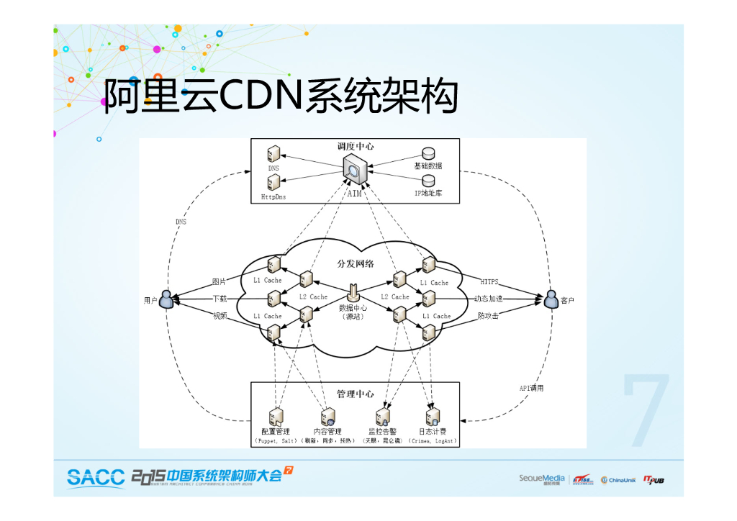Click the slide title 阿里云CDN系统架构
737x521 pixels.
[281, 96]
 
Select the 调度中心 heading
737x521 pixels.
[355, 146]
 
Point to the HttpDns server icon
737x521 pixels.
[273, 185]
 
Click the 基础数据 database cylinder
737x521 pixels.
[428, 154]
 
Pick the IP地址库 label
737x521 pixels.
[428, 194]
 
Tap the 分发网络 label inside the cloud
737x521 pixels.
[356, 263]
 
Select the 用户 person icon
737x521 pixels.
[166, 299]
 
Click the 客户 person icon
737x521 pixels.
[551, 299]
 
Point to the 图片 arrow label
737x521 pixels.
[219, 281]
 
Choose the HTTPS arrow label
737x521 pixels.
[489, 281]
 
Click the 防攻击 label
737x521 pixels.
[488, 315]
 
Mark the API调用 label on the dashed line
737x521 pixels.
[531, 388]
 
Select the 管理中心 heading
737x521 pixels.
[355, 394]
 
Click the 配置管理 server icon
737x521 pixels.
[275, 417]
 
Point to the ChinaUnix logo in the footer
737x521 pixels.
[618, 480]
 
